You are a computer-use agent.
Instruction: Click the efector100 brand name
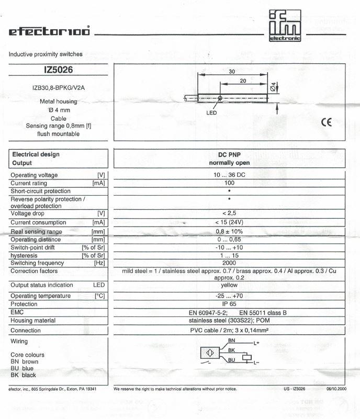pyautogui.click(x=49, y=31)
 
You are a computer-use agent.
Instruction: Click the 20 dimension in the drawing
pyautogui.click(x=243, y=82)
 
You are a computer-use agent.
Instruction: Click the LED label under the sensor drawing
pyautogui.click(x=211, y=112)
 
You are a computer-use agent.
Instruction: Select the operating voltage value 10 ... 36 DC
pyautogui.click(x=229, y=175)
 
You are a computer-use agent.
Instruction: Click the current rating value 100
pyautogui.click(x=229, y=183)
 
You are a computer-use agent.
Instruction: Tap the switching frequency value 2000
pyautogui.click(x=229, y=263)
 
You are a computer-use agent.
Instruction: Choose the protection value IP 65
pyautogui.click(x=229, y=304)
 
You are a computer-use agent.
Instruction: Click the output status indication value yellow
pyautogui.click(x=229, y=286)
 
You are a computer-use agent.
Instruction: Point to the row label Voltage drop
pyautogui.click(x=28, y=214)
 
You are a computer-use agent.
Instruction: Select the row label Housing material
pyautogui.click(x=33, y=321)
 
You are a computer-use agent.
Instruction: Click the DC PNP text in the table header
pyautogui.click(x=229, y=155)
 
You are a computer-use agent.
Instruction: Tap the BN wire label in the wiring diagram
pyautogui.click(x=232, y=341)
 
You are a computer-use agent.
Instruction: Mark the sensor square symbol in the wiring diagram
pyautogui.click(x=208, y=354)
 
